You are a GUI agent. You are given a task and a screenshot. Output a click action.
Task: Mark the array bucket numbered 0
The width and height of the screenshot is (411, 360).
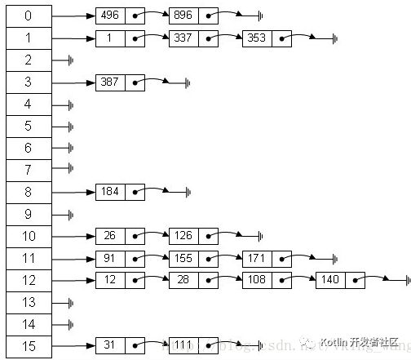tap(29, 16)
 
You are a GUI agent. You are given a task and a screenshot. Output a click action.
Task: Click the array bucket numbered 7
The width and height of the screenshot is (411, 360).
tap(29, 170)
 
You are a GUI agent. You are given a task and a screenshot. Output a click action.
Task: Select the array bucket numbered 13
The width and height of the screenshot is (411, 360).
tap(29, 302)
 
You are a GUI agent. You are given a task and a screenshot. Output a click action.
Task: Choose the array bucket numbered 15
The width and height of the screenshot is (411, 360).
tap(29, 346)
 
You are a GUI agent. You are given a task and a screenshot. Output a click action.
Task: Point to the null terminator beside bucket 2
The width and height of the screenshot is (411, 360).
tap(71, 60)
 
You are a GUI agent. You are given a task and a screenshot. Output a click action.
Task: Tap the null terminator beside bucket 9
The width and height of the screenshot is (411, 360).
tap(71, 214)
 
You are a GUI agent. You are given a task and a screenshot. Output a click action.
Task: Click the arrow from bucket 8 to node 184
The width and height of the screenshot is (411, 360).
tap(73, 192)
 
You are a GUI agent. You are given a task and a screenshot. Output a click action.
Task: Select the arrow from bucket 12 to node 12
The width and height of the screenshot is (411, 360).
tap(73, 280)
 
